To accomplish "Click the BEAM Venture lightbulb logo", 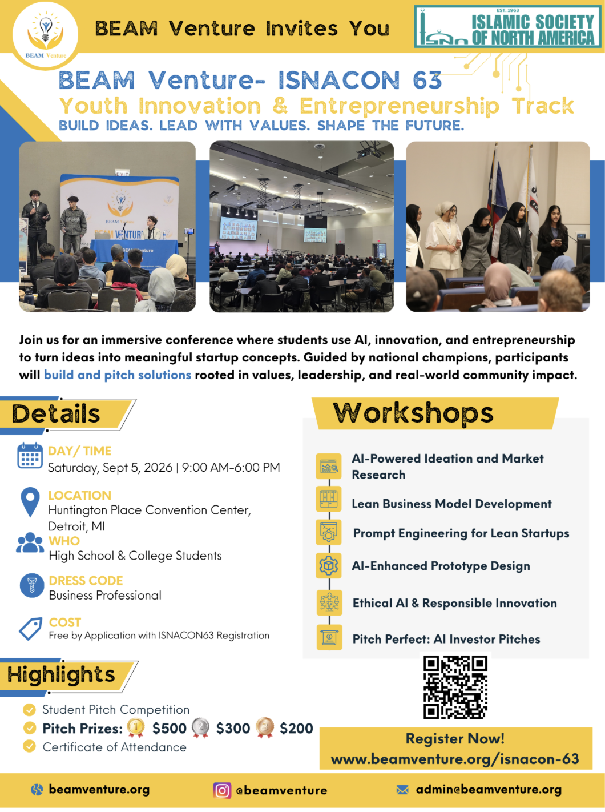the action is click(46, 35).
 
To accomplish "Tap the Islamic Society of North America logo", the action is click(507, 27).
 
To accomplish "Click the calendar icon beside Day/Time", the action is click(30, 455).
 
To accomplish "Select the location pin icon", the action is click(30, 502).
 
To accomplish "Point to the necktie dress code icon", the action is click(32, 586).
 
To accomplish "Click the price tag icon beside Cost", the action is click(30, 629).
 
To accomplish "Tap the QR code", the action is click(455, 688).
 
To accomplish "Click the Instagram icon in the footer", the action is click(222, 790).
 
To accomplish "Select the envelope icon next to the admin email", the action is click(402, 790).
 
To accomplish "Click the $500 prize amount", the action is click(170, 729).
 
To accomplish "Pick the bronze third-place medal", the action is click(265, 727).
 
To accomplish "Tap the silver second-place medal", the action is click(201, 727).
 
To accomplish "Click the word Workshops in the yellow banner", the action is click(413, 413).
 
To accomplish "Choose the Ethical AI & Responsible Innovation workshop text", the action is click(454, 603).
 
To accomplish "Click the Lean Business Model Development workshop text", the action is click(451, 504).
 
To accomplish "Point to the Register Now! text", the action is click(455, 738).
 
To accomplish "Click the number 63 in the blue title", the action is click(427, 79).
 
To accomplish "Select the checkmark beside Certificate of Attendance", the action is click(29, 746).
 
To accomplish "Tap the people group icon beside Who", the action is click(30, 542).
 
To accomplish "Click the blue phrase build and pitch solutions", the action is click(118, 375).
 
